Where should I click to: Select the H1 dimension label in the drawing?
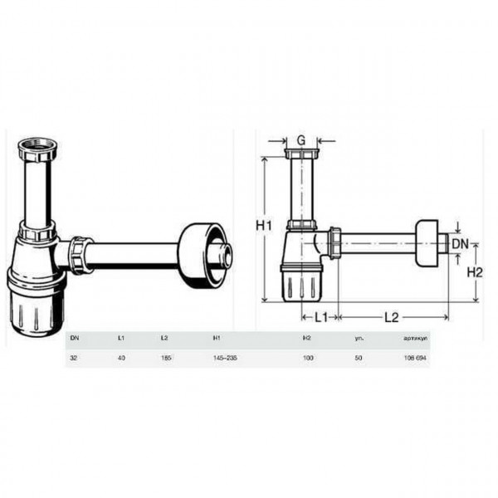tap(264, 226)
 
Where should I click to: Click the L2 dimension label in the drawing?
tap(392, 316)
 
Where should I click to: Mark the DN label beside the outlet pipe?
tap(461, 243)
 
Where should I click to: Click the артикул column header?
tap(414, 339)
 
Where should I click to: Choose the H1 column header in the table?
tap(217, 339)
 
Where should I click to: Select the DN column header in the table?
tap(74, 339)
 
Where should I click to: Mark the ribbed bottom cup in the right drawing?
tap(300, 287)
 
